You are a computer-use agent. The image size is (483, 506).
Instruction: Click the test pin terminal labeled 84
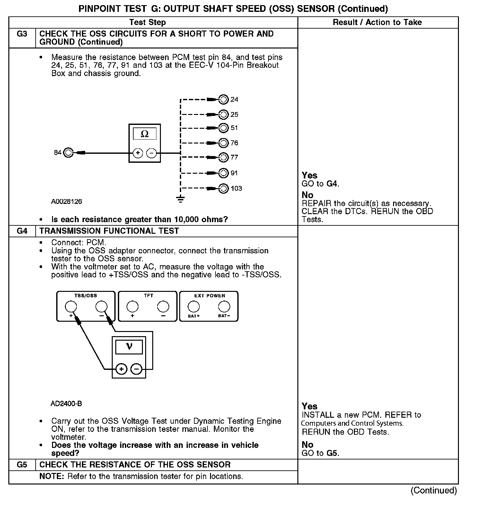click(68, 153)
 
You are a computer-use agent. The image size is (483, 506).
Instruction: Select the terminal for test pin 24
click(223, 100)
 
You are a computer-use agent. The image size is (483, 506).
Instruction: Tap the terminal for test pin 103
click(223, 188)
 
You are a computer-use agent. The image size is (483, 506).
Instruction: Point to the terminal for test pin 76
click(223, 143)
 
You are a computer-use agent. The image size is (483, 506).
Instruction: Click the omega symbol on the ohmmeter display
click(145, 134)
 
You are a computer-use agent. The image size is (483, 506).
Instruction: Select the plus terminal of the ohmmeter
click(138, 153)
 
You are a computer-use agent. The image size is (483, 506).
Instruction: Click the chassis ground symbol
click(181, 200)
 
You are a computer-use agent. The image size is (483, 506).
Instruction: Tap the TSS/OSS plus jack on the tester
click(71, 307)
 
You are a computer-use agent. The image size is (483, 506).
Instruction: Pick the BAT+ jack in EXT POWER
click(194, 307)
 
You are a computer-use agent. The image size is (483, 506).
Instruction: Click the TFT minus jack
click(163, 307)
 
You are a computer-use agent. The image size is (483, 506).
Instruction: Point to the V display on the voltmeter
click(129, 347)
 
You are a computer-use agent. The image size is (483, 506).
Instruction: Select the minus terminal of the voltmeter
click(137, 369)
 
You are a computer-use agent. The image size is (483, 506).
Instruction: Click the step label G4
click(22, 231)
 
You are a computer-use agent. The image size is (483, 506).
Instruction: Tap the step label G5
click(22, 465)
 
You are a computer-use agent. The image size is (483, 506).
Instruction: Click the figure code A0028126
click(66, 202)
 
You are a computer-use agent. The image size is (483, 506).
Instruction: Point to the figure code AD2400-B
click(66, 404)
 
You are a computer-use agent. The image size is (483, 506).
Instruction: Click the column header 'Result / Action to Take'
click(377, 22)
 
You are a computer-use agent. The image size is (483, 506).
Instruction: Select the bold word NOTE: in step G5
click(52, 476)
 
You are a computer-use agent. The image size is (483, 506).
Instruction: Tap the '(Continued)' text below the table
click(434, 490)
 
